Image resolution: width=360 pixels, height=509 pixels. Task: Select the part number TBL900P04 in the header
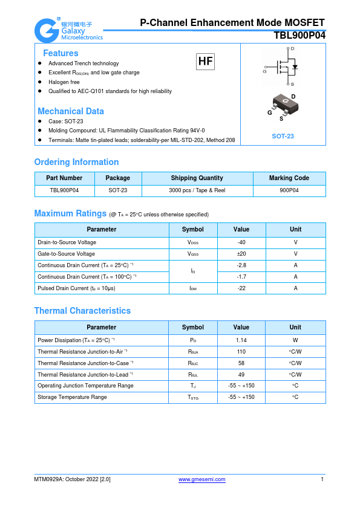pos(299,36)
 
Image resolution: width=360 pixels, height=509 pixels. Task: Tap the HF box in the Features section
pos(205,61)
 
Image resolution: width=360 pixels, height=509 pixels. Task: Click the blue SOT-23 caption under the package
pos(283,136)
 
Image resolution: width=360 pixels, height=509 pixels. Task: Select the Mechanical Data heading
pos(71,111)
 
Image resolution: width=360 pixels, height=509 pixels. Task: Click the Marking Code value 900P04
pos(289,190)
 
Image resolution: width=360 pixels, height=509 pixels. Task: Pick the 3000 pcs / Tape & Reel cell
pos(197,190)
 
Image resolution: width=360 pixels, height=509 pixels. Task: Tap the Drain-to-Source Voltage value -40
pos(241,242)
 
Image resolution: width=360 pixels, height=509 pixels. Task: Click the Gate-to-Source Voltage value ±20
pos(241,254)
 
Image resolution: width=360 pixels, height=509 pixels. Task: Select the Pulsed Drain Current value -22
pos(241,288)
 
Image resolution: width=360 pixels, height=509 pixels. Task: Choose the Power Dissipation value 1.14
pos(241,340)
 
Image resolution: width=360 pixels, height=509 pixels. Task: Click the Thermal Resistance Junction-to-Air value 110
pos(241,351)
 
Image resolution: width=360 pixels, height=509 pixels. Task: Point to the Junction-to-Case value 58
pos(241,363)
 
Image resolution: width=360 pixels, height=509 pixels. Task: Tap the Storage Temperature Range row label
pos(72,397)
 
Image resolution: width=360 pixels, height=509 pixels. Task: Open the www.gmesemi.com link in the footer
pos(202,479)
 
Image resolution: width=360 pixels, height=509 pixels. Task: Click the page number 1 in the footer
pos(322,479)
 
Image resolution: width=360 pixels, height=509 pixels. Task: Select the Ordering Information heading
pos(76,162)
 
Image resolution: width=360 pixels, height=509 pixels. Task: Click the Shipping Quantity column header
pos(197,178)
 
